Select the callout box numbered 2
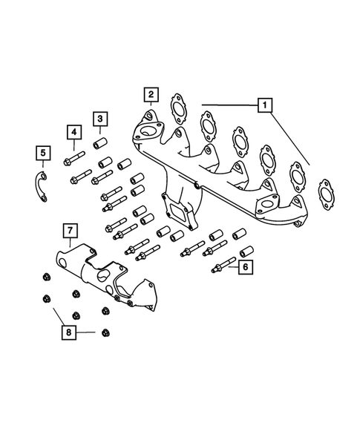(151, 94)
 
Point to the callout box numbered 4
(73, 134)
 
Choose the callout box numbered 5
(43, 154)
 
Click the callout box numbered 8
(68, 333)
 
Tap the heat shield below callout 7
(111, 278)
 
